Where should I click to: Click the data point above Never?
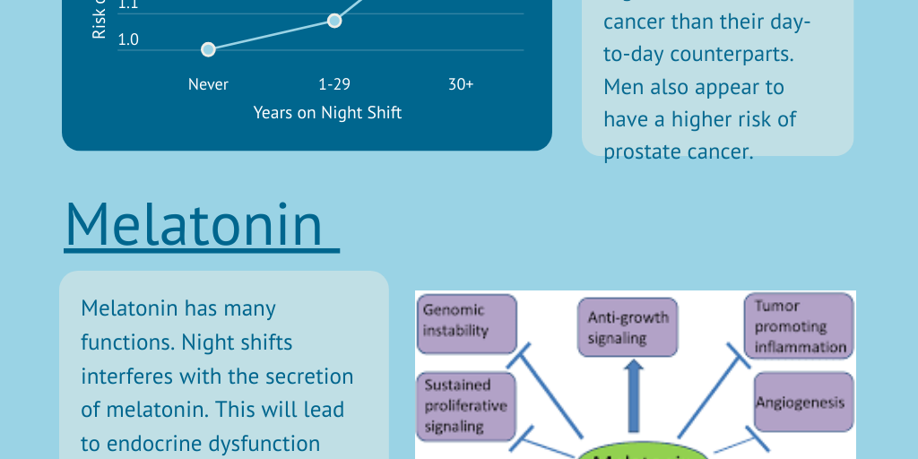click(x=208, y=49)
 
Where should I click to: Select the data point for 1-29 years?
click(x=334, y=20)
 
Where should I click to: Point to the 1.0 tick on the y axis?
click(x=128, y=39)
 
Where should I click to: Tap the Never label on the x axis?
click(x=208, y=84)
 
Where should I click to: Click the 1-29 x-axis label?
click(x=334, y=84)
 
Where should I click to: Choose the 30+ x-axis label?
click(x=461, y=84)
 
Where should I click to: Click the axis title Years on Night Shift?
click(x=327, y=112)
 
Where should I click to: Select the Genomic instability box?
click(x=467, y=320)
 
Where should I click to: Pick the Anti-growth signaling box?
click(x=628, y=327)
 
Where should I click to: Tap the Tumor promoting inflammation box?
click(x=799, y=327)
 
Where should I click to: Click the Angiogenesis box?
click(x=801, y=403)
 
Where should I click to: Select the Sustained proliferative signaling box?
click(x=465, y=405)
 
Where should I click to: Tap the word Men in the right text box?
click(x=624, y=87)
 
